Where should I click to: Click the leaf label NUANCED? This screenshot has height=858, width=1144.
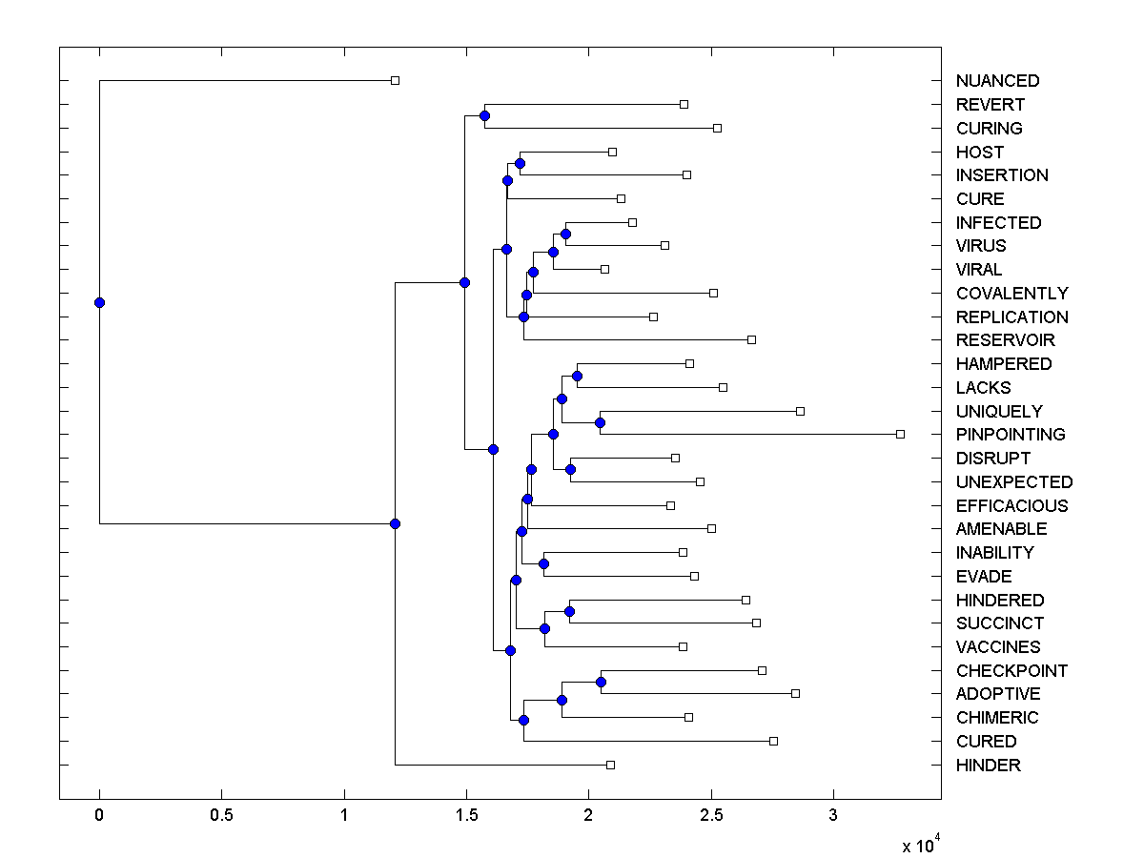pos(997,81)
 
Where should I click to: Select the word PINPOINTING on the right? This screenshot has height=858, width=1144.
pos(1011,435)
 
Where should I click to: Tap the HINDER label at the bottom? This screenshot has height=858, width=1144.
pos(988,766)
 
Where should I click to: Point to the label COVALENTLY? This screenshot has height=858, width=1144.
pos(1011,294)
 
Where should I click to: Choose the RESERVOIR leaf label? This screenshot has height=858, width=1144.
pos(1005,340)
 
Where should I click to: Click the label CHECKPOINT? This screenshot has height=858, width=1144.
pos(1011,671)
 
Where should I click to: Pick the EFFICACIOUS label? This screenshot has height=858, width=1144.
pos(1011,506)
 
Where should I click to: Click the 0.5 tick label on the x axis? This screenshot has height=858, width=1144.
pos(222,817)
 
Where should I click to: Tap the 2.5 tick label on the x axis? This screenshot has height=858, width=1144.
pos(711,817)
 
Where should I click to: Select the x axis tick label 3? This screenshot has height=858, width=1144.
pos(833,817)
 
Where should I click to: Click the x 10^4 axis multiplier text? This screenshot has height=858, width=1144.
pos(919,846)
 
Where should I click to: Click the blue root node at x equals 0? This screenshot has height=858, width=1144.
pos(99,303)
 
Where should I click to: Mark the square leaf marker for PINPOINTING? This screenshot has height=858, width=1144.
pos(900,435)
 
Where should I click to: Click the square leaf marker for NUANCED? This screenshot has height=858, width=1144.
pos(395,81)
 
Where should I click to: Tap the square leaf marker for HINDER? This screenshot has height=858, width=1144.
pos(610,765)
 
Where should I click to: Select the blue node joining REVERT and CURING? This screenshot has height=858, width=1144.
pos(484,116)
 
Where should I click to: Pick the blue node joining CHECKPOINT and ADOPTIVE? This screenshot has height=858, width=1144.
pos(601,682)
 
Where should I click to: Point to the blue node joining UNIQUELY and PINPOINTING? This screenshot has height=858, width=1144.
pos(600,422)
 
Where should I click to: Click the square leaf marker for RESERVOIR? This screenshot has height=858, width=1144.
pos(751,340)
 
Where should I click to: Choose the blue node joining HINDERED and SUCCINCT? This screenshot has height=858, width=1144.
pos(569,611)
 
